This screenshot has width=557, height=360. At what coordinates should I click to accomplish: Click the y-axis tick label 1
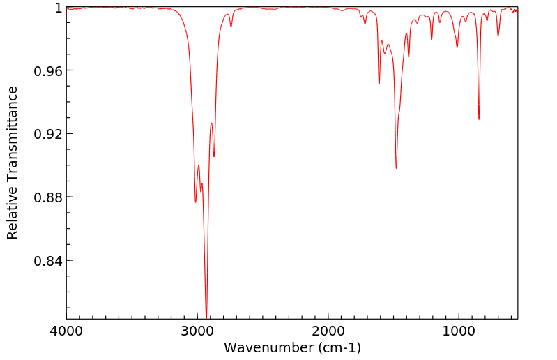click(58, 8)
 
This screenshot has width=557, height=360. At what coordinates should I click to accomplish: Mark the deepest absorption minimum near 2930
click(206, 316)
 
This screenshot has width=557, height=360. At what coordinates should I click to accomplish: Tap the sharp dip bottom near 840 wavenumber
click(479, 119)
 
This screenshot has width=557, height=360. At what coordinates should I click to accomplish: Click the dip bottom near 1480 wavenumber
click(396, 168)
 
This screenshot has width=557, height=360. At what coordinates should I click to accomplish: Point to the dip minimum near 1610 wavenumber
click(379, 84)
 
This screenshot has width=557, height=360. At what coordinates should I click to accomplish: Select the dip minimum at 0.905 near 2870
click(214, 156)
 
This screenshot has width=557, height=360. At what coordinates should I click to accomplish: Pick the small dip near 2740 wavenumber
click(231, 27)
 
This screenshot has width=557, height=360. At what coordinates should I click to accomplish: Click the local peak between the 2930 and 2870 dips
click(211, 123)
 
